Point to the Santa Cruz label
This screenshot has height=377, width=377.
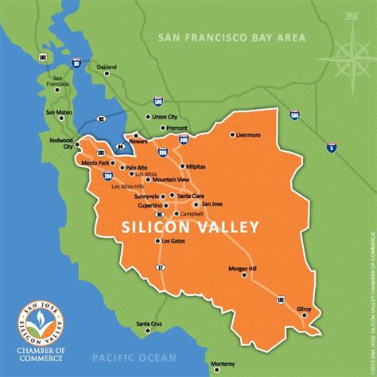pyautogui.click(x=150, y=324)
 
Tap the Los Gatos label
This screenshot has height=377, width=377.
pyautogui.click(x=174, y=240)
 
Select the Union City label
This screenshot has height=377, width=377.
pyautogui.click(x=165, y=117)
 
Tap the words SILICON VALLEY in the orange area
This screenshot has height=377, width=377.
pyautogui.click(x=190, y=227)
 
